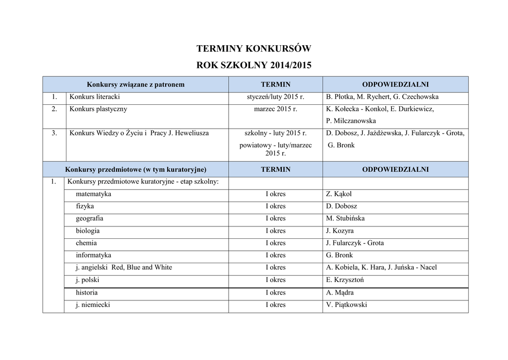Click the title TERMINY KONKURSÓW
click(254, 49)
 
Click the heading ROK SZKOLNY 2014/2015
click(254, 65)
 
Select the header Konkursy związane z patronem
click(135, 84)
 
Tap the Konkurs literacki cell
click(95, 97)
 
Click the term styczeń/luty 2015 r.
click(275, 97)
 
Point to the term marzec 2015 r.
click(275, 109)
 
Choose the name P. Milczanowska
click(351, 121)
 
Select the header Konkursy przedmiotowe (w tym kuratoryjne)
click(135, 169)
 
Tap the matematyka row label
click(93, 194)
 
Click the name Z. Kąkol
click(339, 194)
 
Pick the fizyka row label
click(85, 206)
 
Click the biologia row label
click(88, 231)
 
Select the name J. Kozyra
click(340, 231)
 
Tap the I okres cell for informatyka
click(275, 255)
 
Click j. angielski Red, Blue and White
click(124, 268)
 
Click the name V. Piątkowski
click(346, 305)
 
